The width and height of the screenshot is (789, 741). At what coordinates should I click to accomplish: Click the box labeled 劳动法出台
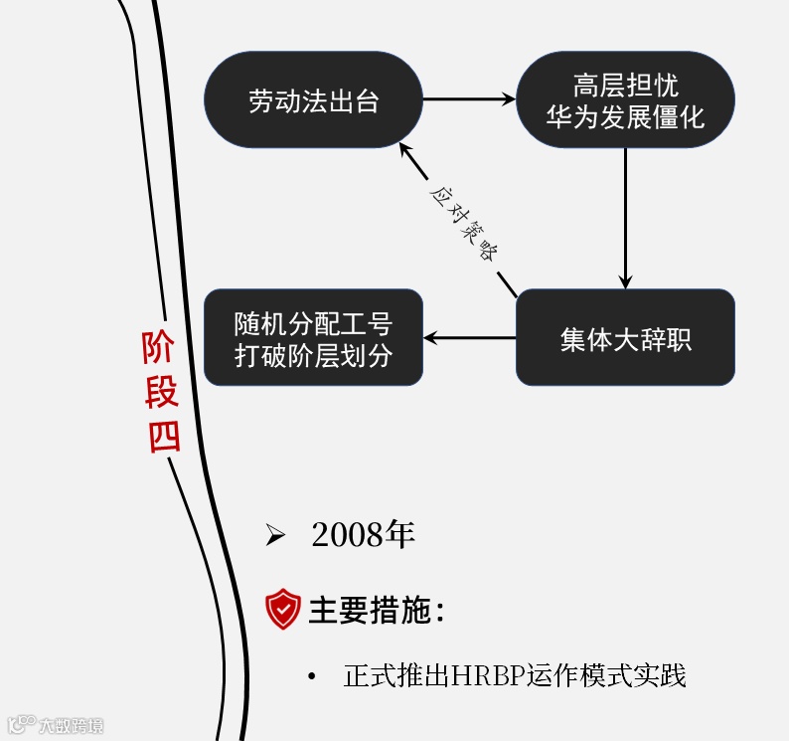tap(313, 100)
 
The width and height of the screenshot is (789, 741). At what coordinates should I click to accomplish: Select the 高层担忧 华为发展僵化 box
tap(625, 100)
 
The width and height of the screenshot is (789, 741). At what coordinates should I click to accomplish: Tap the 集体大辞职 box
tap(625, 338)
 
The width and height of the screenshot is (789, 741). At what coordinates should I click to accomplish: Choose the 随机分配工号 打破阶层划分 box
tap(313, 338)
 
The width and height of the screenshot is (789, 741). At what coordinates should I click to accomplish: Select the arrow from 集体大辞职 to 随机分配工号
tap(469, 338)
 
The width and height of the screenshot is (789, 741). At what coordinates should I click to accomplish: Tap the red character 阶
tap(161, 348)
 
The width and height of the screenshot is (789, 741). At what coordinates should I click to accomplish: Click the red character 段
tap(162, 392)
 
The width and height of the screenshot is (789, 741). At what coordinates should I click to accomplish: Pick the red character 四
tap(164, 436)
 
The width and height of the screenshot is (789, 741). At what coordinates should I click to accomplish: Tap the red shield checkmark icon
tap(283, 609)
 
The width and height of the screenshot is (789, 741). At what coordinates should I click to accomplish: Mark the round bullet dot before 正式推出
tap(312, 677)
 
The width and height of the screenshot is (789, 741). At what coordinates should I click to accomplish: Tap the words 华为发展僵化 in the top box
tap(625, 117)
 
